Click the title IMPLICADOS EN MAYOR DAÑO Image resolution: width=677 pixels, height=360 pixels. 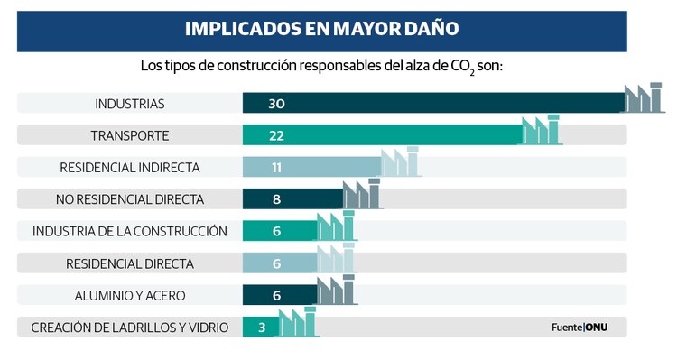pos(321,28)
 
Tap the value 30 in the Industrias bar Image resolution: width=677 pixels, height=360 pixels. pos(276,104)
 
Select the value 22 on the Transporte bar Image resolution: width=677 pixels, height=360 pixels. pos(276,135)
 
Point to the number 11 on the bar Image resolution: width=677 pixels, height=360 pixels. pos(276,168)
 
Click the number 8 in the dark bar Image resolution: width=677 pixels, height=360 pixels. pos(276,199)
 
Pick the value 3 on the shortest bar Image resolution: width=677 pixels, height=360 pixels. pos(262,327)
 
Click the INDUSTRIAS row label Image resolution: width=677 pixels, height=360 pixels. pos(129,104)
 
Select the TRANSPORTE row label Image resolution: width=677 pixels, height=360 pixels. pos(129,135)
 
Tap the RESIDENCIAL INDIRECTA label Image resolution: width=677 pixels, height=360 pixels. pos(129,168)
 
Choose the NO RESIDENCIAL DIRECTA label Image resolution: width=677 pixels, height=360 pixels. pos(129,199)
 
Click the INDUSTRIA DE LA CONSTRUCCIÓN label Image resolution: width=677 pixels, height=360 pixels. pos(129,231)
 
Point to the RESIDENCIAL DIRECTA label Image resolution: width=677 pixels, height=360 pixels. pos(129,263)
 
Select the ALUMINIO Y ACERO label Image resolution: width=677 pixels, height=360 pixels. pos(129,295)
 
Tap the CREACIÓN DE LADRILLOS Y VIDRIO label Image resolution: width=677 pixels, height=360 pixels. pos(129,327)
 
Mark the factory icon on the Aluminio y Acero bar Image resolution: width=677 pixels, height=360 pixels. pos(337,290)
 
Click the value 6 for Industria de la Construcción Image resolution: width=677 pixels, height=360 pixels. pos(276,231)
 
